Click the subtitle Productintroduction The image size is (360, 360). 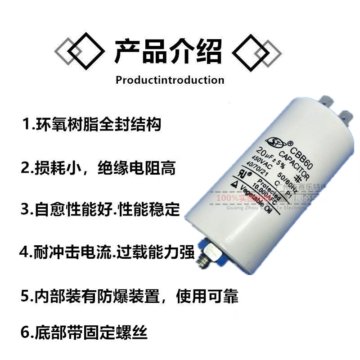click(x=170, y=80)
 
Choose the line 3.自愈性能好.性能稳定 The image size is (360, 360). click(x=100, y=210)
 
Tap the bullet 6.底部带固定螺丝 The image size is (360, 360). click(x=84, y=333)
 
